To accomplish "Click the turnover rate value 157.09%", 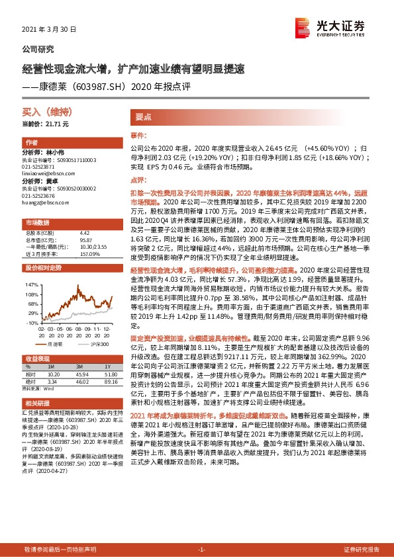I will [x=88, y=254].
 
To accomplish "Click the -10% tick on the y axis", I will [x=29, y=323].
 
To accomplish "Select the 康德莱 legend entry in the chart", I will [x=56, y=344].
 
